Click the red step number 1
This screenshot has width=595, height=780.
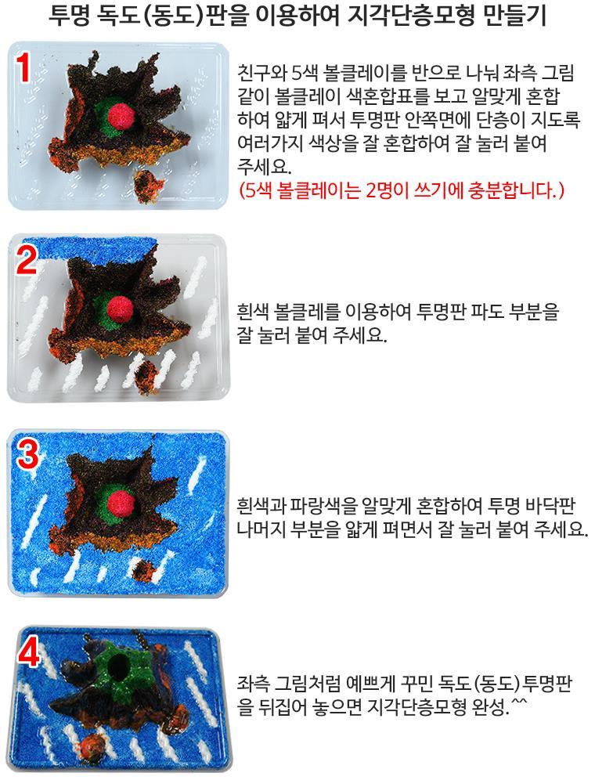[22, 67]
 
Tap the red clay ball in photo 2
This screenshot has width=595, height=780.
[120, 309]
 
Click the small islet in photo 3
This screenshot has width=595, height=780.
[146, 569]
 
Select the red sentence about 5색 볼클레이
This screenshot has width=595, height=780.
[401, 190]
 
